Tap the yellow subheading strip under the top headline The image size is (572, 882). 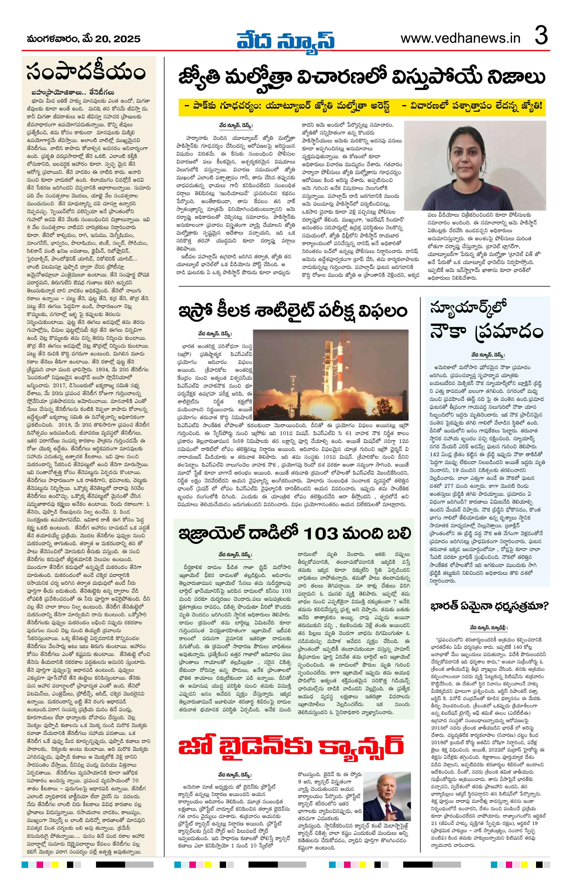click(x=362, y=106)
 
